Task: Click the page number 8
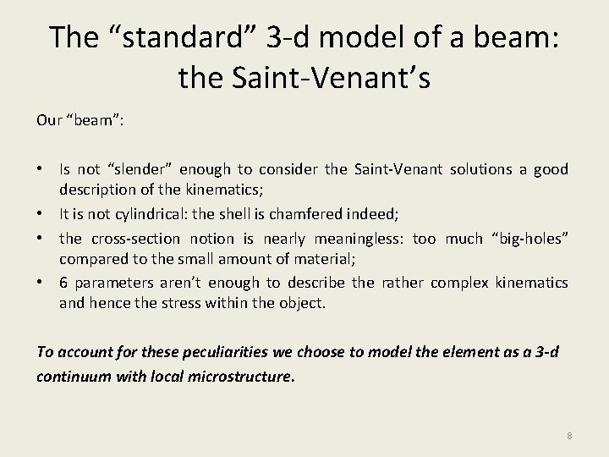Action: point(569,436)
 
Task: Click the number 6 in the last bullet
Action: point(64,283)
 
